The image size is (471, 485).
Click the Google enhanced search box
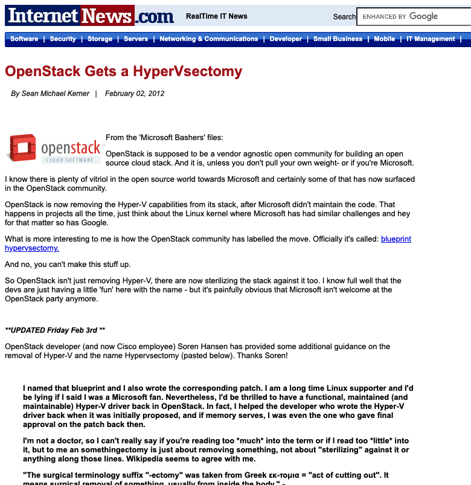click(x=414, y=17)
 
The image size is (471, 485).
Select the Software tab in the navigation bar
click(x=24, y=39)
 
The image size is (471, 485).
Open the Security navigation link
click(x=63, y=39)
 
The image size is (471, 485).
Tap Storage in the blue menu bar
click(x=100, y=39)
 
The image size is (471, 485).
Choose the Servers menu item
click(x=136, y=39)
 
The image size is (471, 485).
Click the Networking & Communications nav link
click(x=208, y=39)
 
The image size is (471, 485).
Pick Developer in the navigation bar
click(x=286, y=39)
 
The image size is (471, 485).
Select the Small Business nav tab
click(x=338, y=39)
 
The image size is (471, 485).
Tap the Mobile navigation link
click(x=384, y=39)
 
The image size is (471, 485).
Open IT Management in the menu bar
click(x=431, y=39)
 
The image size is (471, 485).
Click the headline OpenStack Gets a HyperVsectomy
click(x=123, y=71)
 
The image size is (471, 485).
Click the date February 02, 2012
click(x=135, y=94)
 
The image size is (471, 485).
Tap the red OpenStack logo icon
click(x=22, y=148)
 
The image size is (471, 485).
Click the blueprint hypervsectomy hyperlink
click(x=396, y=239)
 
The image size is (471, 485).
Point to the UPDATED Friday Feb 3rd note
click(x=55, y=330)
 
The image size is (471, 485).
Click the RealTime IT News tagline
click(x=216, y=16)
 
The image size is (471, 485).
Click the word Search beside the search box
click(x=344, y=17)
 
